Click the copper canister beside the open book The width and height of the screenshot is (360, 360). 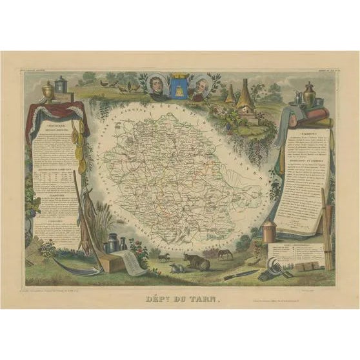pos(269,230)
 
